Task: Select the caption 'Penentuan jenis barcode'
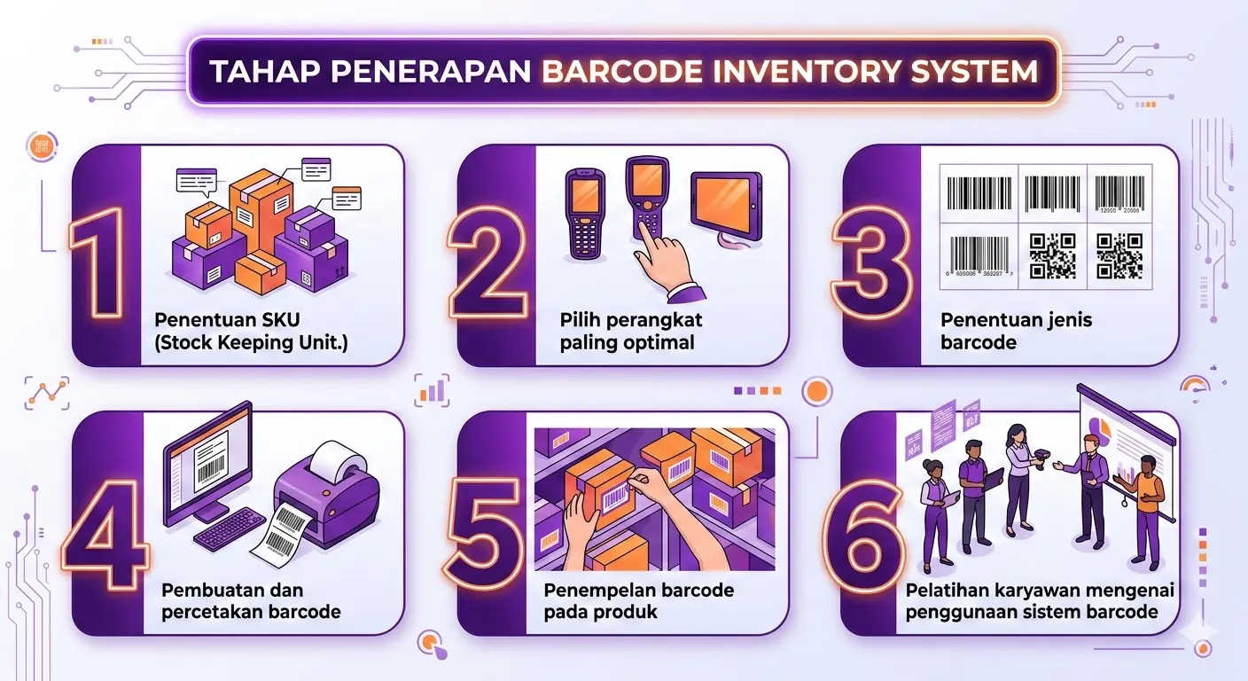pyautogui.click(x=1004, y=331)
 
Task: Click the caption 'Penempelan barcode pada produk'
pyautogui.click(x=639, y=600)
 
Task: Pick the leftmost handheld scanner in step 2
pyautogui.click(x=586, y=212)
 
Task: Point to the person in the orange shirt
pyautogui.click(x=1147, y=510)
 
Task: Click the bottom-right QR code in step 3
pyautogui.click(x=1119, y=255)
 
